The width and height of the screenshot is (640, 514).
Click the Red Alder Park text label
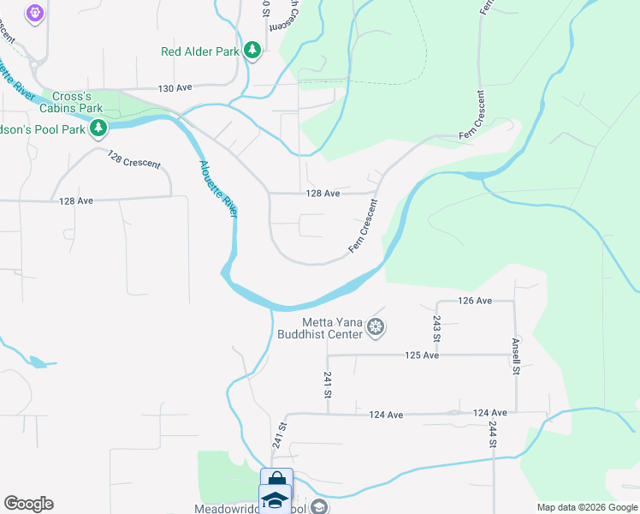point(200,51)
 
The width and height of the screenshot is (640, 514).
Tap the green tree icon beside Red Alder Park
point(252,51)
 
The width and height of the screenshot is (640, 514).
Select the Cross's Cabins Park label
point(77,103)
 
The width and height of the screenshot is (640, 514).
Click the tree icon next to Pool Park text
point(99,128)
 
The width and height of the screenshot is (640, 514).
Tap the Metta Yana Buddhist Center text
point(320,328)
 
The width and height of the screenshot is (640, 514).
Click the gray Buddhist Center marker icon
point(374,326)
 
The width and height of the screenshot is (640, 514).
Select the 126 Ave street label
point(475,301)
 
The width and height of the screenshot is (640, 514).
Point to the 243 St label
point(436,326)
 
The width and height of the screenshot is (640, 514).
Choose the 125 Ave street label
point(421,355)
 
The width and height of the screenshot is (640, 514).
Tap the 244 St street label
point(493,433)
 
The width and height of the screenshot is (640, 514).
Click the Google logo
point(28,504)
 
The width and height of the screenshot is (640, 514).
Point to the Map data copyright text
point(587,507)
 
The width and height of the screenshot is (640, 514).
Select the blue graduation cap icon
point(276,499)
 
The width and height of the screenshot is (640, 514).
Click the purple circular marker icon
point(35,13)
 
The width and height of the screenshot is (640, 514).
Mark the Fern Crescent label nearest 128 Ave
point(363,226)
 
